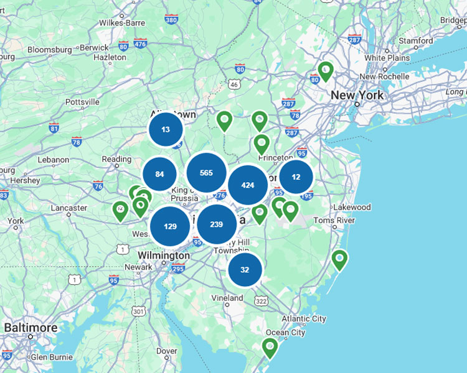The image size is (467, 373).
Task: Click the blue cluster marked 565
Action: coord(206,173)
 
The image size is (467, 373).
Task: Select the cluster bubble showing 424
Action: coord(248,185)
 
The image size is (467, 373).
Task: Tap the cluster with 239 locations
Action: coord(217,224)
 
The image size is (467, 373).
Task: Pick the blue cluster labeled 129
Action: coord(171,226)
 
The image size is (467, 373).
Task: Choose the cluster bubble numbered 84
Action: coord(160,174)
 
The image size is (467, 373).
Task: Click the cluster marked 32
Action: coord(245,270)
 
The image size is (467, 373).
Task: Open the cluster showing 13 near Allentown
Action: coord(166,130)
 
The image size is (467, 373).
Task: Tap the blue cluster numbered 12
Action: coord(296,177)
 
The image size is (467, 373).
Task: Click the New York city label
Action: coord(357,96)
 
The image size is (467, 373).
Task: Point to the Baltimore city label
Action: coord(31,328)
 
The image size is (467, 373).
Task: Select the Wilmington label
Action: coord(163,256)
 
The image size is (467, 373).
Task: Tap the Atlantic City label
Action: coord(303,319)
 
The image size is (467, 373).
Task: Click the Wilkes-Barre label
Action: coord(121,23)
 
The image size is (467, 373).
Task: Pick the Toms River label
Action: coord(334,221)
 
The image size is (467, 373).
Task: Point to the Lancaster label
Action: coord(68,208)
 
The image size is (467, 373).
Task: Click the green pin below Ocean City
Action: coord(270,347)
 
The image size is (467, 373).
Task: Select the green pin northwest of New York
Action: coord(325,70)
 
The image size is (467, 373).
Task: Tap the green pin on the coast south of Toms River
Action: coord(339,259)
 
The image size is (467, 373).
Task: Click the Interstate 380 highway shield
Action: coord(172,20)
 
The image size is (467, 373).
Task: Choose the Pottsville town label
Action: coord(82,102)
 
